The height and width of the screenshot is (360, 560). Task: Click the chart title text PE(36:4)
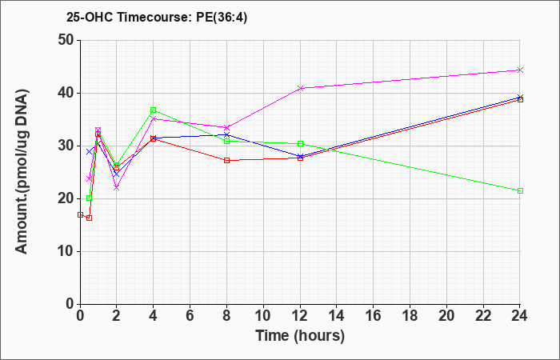pos(222,18)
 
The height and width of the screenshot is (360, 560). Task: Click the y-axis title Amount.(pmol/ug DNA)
pos(22,172)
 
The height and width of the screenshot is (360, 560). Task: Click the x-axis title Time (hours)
pos(300,336)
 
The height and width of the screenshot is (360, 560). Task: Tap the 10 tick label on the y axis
pos(66,251)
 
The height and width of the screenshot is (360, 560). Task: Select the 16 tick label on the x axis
pos(374,316)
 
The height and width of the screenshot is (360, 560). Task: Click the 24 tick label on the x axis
pos(520,316)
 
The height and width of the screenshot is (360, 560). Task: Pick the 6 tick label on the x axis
pos(190,316)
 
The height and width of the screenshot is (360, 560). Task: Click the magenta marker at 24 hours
pos(520,70)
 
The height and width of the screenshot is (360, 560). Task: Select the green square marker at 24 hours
pos(520,190)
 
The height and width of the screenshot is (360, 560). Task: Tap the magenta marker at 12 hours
pos(300,88)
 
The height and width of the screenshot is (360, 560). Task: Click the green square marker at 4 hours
pos(154,110)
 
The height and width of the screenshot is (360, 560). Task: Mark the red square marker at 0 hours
pos(80,214)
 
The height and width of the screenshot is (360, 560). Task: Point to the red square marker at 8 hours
pos(226,160)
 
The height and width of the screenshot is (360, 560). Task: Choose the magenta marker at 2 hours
pos(117,187)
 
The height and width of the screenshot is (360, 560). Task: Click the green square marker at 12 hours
pos(300,143)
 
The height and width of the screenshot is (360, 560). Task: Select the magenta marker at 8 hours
pos(226,127)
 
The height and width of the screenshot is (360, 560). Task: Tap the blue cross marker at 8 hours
pos(226,134)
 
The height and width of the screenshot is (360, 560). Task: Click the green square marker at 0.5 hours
pos(90,198)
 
